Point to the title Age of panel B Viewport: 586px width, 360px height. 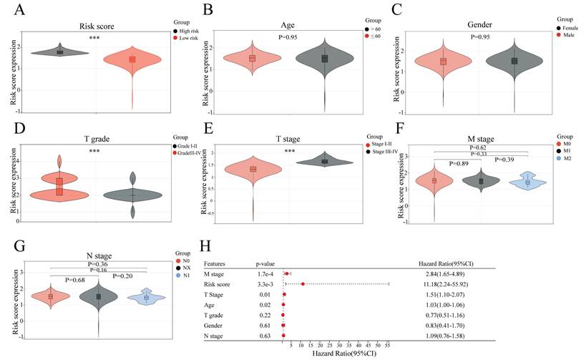click(301, 27)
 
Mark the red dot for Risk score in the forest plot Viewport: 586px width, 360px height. click(303, 284)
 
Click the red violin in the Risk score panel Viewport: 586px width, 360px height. click(132, 60)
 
